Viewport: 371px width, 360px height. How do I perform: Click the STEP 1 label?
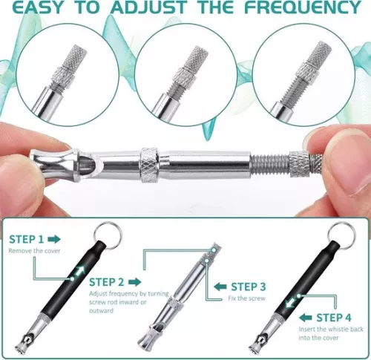tap(27, 239)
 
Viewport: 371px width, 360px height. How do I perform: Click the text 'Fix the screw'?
tap(246, 298)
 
